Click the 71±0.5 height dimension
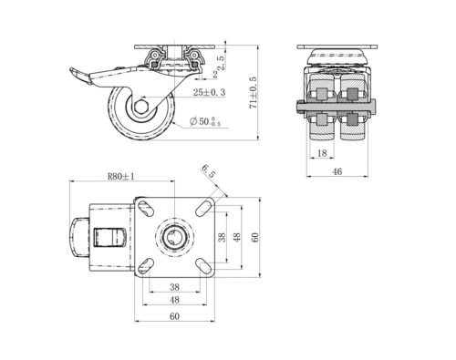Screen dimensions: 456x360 [253, 93]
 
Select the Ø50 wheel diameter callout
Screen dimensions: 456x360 [205, 122]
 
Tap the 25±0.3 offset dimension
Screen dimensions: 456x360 [210, 92]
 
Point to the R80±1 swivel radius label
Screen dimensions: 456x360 [121, 176]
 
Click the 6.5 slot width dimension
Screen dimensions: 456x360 [208, 171]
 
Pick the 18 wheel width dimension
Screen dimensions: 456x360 [322, 153]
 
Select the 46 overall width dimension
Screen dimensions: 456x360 [337, 171]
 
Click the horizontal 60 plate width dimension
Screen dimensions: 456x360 [174, 316]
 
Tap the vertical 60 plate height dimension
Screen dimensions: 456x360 [254, 237]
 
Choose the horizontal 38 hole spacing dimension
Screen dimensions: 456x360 [174, 287]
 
